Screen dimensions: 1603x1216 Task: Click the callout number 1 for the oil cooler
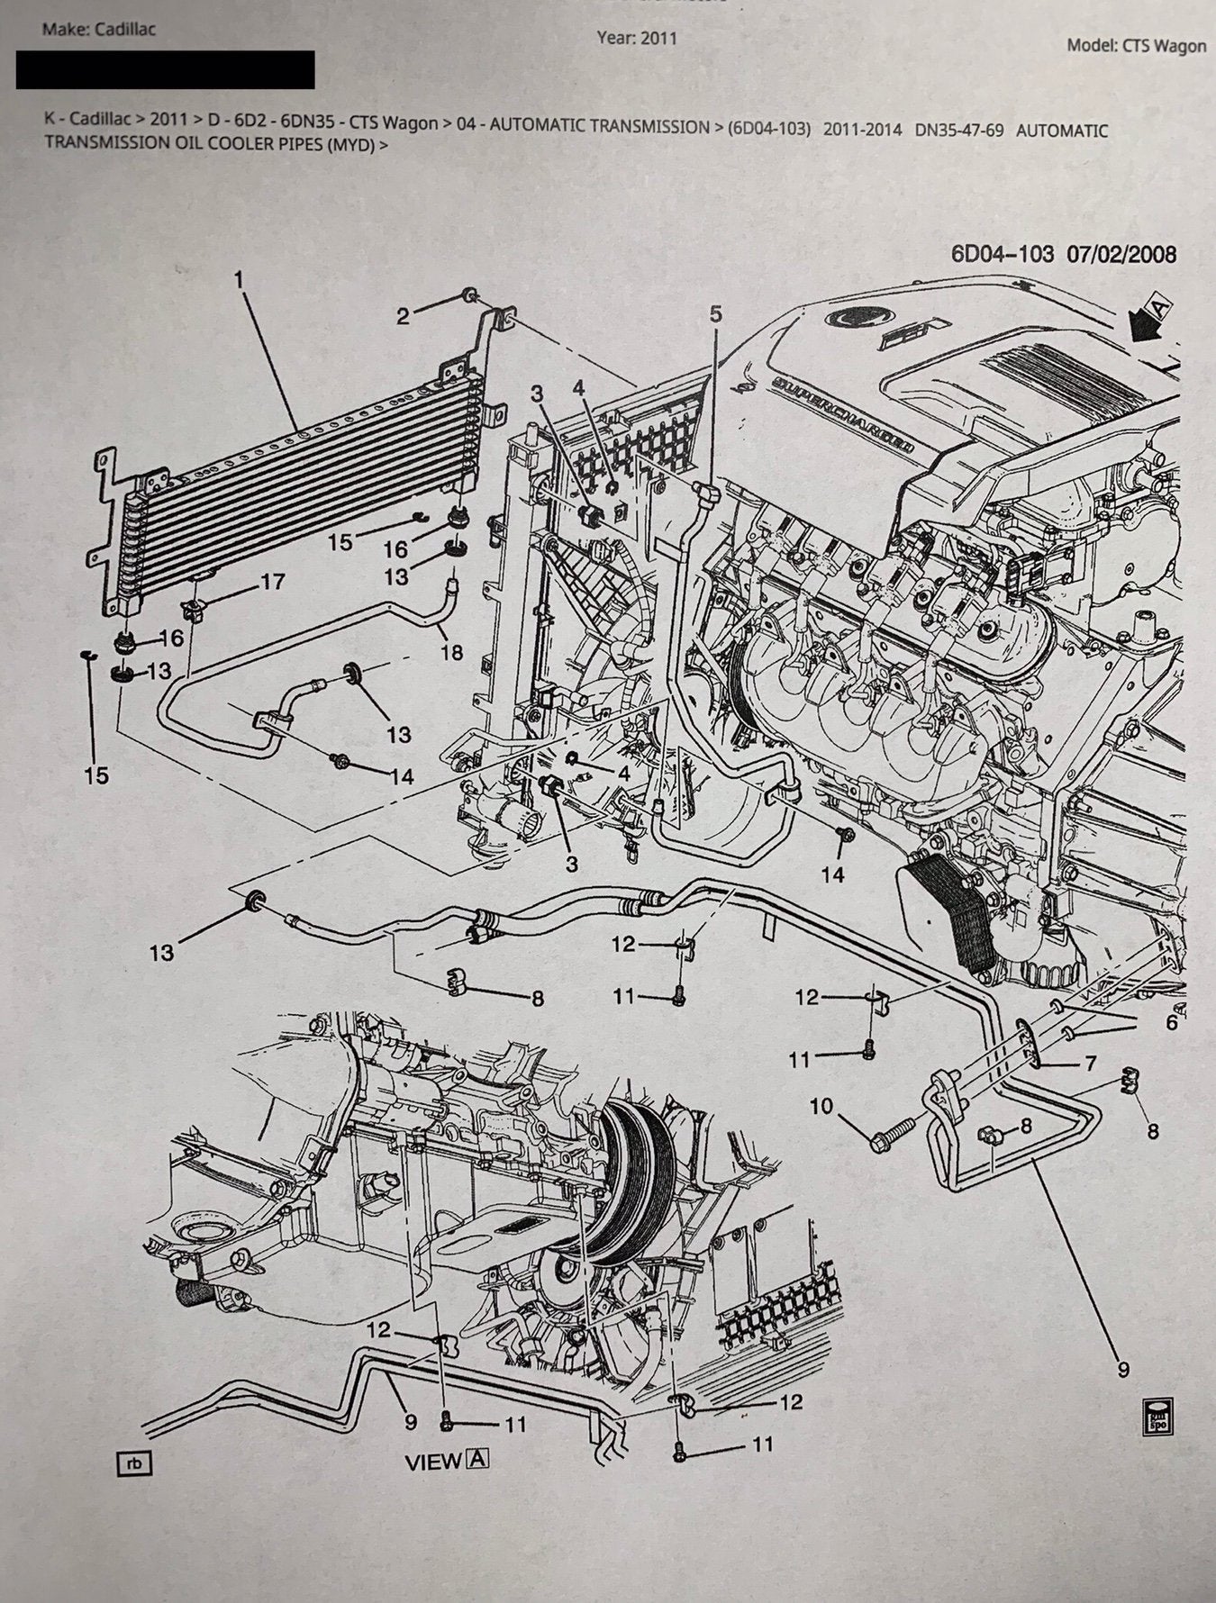point(239,280)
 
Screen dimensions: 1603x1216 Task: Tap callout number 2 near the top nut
point(403,315)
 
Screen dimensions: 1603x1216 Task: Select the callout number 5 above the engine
point(715,314)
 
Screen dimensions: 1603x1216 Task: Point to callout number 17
point(272,582)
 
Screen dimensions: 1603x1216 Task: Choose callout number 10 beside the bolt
point(821,1105)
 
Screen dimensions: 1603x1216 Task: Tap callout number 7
point(1090,1064)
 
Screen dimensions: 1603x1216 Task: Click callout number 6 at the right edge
point(1171,1022)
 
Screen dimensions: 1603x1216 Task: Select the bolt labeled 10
point(892,1130)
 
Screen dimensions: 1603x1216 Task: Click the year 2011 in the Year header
point(658,38)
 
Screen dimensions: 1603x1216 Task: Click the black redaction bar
point(165,69)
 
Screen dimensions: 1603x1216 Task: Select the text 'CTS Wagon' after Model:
point(1164,46)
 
